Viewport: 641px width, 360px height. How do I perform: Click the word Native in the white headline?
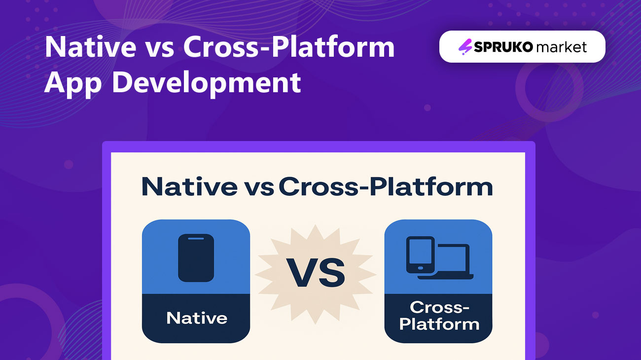click(x=91, y=47)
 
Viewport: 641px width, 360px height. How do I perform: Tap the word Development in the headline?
click(x=206, y=83)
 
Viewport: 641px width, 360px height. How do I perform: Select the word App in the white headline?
click(x=73, y=83)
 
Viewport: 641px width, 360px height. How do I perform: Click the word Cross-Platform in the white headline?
click(x=289, y=47)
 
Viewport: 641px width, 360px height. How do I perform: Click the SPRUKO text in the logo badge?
click(x=503, y=47)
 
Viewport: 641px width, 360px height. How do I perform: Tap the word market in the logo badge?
click(x=562, y=47)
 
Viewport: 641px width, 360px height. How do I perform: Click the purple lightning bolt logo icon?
click(x=465, y=47)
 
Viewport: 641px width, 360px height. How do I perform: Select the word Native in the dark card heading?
click(x=189, y=186)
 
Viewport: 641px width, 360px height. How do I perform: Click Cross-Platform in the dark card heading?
click(x=386, y=186)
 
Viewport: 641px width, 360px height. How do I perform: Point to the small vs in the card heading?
click(x=259, y=189)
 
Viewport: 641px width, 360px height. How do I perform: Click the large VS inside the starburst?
click(x=316, y=273)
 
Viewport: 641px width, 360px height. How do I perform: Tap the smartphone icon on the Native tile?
click(x=196, y=258)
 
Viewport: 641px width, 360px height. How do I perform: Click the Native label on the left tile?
click(x=197, y=318)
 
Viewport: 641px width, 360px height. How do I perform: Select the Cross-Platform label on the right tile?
click(x=439, y=316)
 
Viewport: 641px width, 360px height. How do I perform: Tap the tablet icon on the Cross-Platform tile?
click(x=421, y=254)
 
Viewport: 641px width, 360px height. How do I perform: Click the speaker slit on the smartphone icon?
click(x=196, y=238)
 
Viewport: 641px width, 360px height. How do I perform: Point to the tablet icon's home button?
click(x=421, y=268)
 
